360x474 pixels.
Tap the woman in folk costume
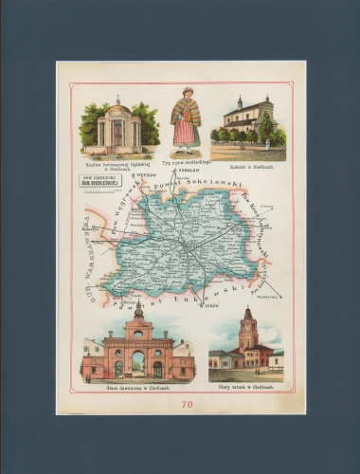click(185, 122)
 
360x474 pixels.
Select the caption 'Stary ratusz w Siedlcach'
click(246, 388)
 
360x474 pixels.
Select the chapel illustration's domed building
click(117, 125)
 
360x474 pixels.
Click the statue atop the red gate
click(138, 310)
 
